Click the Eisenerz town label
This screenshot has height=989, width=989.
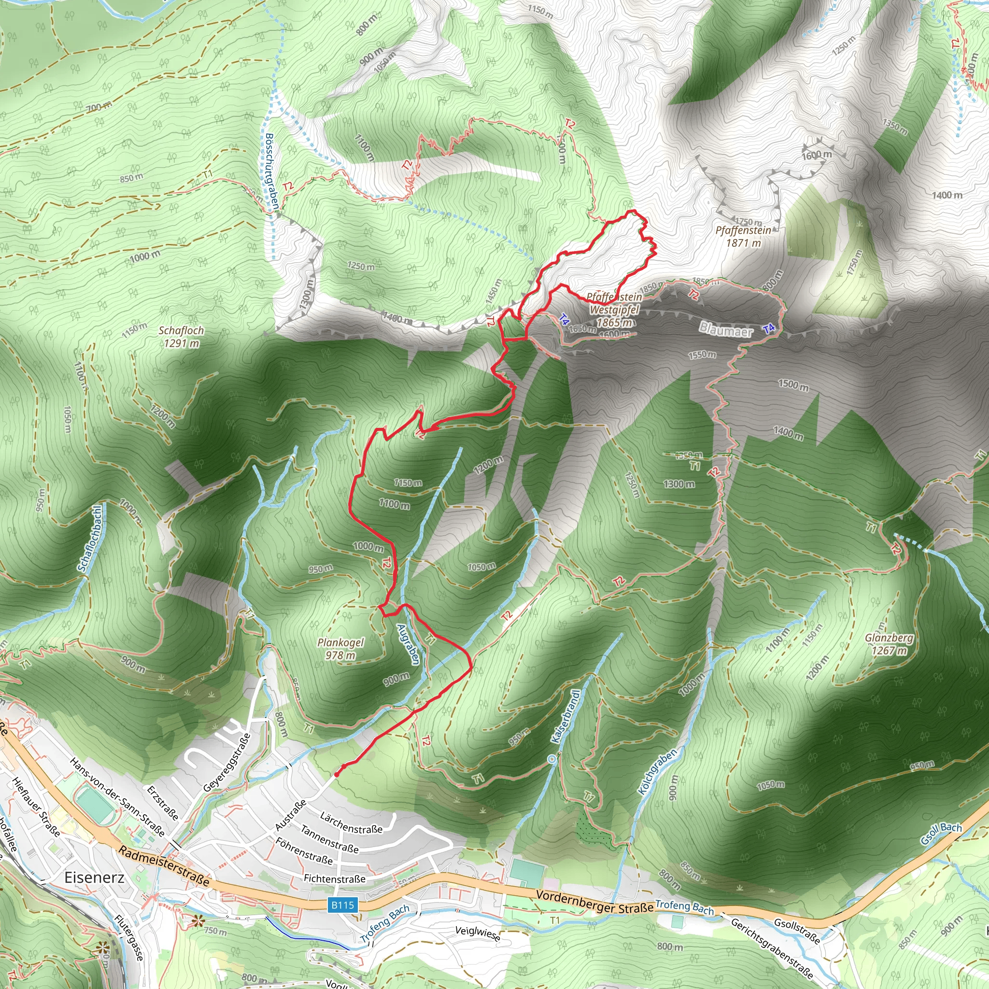point(94,877)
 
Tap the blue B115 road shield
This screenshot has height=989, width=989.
point(342,905)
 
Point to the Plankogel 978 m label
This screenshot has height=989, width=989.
point(340,649)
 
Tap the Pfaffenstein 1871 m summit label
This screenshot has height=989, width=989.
point(743,237)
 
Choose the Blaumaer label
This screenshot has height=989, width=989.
point(726,330)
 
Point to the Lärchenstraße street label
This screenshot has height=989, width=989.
point(351,822)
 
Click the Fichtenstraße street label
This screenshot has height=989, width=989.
point(335,878)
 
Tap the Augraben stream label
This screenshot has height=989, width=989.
point(409,645)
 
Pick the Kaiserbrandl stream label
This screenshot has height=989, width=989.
point(566,716)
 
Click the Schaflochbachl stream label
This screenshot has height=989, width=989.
point(90,537)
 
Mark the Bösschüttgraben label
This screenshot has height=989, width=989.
point(272,171)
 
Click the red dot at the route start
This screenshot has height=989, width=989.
point(336,775)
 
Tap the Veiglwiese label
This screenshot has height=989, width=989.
point(478,933)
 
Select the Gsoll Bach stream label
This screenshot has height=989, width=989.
point(941,834)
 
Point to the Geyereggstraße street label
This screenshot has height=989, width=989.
point(227,762)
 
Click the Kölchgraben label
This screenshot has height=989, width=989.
point(658,771)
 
